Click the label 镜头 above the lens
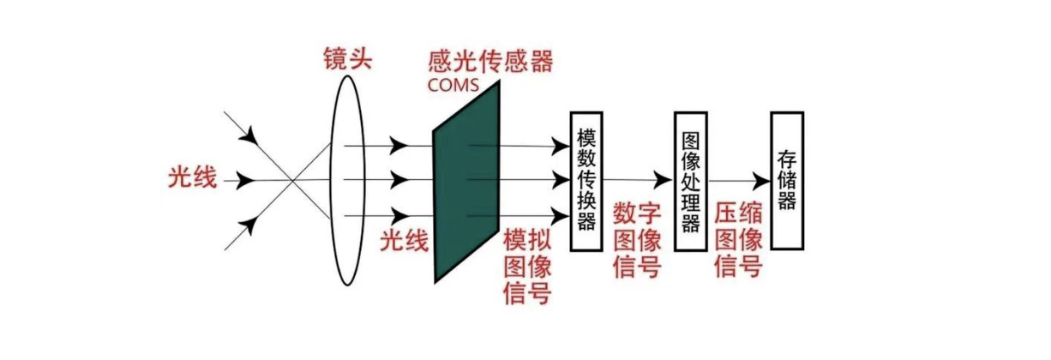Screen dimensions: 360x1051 (x=348, y=59)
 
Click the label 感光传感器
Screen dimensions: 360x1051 (x=489, y=62)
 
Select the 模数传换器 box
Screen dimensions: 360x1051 (x=586, y=180)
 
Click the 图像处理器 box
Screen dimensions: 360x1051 (x=690, y=180)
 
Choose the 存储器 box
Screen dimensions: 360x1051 (x=787, y=180)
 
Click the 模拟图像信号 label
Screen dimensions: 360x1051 (x=526, y=266)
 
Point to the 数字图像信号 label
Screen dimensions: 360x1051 (x=637, y=240)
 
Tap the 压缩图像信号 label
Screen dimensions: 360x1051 (x=738, y=240)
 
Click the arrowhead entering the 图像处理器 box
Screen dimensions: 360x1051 (x=664, y=180)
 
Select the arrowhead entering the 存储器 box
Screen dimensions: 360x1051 (x=761, y=181)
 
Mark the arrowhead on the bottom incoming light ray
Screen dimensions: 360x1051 (x=249, y=225)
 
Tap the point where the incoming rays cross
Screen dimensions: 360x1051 (x=294, y=181)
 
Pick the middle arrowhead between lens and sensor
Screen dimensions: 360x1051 (x=399, y=181)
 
